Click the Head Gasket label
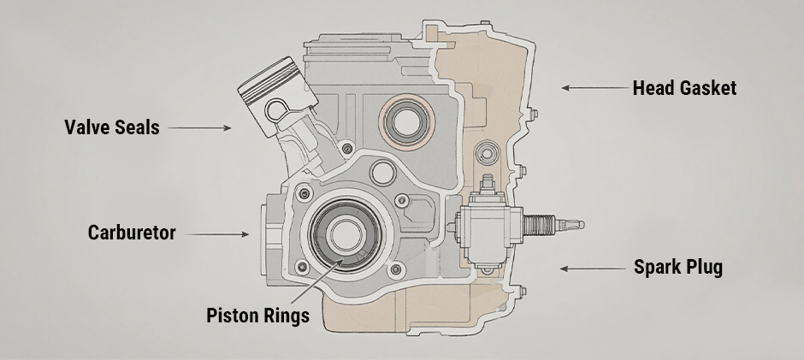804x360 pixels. (684, 88)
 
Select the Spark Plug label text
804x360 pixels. (677, 267)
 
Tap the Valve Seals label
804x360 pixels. (111, 127)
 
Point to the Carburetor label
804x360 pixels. (132, 233)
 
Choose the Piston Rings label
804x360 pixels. (257, 315)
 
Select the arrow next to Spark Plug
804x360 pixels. (589, 268)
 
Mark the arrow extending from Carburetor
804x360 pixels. (218, 233)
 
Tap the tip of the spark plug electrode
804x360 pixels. (581, 224)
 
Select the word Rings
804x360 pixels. (286, 315)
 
